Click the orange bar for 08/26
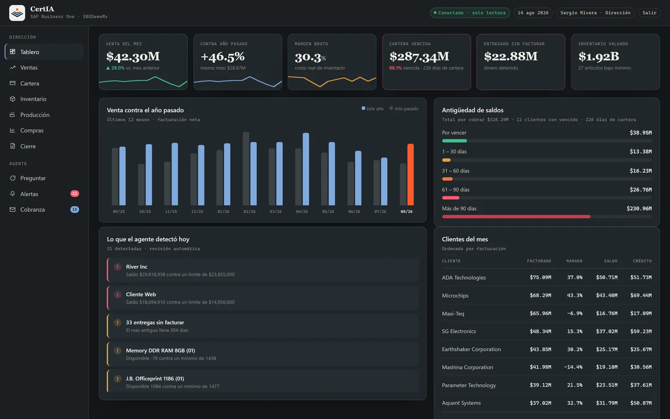pyautogui.click(x=410, y=174)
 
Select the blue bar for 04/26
pyautogui.click(x=306, y=169)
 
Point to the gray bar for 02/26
pyautogui.click(x=246, y=168)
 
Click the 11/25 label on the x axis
pyautogui.click(x=171, y=212)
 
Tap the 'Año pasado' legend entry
pyautogui.click(x=404, y=109)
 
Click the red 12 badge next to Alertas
pyautogui.click(x=75, y=194)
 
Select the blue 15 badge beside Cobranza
pyautogui.click(x=75, y=209)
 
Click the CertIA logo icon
pyautogui.click(x=17, y=13)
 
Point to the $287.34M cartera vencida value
pyautogui.click(x=419, y=56)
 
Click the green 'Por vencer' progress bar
pyautogui.click(x=454, y=141)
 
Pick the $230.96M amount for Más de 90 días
pyautogui.click(x=639, y=209)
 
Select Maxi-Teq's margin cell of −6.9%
pyautogui.click(x=575, y=313)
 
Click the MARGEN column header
pyautogui.click(x=574, y=261)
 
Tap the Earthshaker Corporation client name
pyautogui.click(x=472, y=349)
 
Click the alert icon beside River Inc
pyautogui.click(x=118, y=266)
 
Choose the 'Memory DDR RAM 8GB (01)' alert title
pyautogui.click(x=160, y=350)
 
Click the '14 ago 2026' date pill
pyautogui.click(x=533, y=13)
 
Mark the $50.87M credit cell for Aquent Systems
pyautogui.click(x=641, y=403)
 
